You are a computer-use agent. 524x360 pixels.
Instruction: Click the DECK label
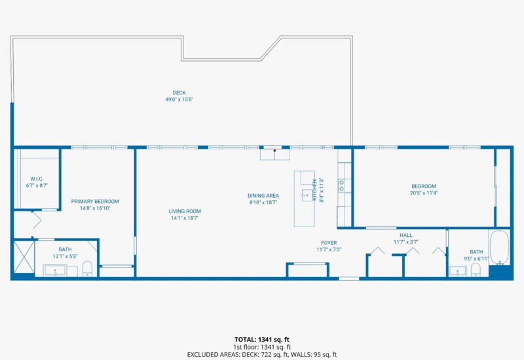(x=179, y=92)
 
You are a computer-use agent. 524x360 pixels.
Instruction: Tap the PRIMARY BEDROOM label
(x=95, y=202)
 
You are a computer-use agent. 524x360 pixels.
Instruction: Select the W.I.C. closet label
(x=37, y=179)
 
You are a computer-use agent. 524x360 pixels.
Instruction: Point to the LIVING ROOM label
(x=185, y=211)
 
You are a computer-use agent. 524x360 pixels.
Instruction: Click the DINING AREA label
(x=263, y=196)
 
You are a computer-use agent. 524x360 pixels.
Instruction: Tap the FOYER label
(x=329, y=242)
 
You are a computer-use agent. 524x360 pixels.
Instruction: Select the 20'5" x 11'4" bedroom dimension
(x=423, y=193)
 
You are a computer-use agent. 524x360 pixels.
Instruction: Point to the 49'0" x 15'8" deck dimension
(x=179, y=99)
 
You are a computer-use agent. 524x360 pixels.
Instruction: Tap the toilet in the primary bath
(x=87, y=268)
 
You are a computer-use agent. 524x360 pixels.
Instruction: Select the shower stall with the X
(x=24, y=259)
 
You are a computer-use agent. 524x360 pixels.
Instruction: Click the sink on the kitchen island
(x=305, y=194)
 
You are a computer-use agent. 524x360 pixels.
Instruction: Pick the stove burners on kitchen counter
(x=341, y=186)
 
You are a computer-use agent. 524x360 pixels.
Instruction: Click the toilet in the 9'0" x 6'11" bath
(x=476, y=270)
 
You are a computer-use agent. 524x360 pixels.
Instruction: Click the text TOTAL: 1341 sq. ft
(x=261, y=339)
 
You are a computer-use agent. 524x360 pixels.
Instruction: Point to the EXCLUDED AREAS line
(x=261, y=354)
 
